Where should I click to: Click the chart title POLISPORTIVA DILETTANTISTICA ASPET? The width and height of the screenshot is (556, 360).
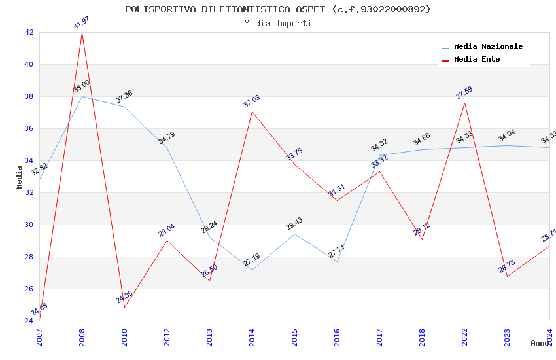click(x=278, y=9)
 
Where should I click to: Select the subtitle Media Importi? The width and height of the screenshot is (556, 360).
click(x=278, y=24)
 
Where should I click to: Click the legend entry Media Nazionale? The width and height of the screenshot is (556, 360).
click(x=488, y=47)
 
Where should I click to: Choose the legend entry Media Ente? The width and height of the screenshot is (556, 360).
click(x=477, y=60)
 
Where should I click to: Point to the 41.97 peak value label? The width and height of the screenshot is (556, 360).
click(x=82, y=23)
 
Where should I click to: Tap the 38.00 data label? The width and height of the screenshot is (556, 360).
click(x=82, y=86)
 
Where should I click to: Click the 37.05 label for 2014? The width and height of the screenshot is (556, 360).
click(x=252, y=101)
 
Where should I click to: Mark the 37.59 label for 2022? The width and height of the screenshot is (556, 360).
click(x=464, y=93)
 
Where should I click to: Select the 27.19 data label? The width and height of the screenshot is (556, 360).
click(x=252, y=261)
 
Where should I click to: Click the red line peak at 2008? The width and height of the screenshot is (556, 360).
click(x=82, y=33)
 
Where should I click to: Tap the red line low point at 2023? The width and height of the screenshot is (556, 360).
click(x=507, y=276)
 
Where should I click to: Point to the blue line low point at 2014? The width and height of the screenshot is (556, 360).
click(x=252, y=270)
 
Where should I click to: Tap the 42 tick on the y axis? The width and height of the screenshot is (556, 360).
click(x=29, y=32)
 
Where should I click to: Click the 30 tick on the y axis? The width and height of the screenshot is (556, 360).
click(x=29, y=225)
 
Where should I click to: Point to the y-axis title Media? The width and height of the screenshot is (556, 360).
click(x=20, y=177)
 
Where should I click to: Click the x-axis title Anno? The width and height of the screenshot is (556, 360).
click(x=540, y=343)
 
